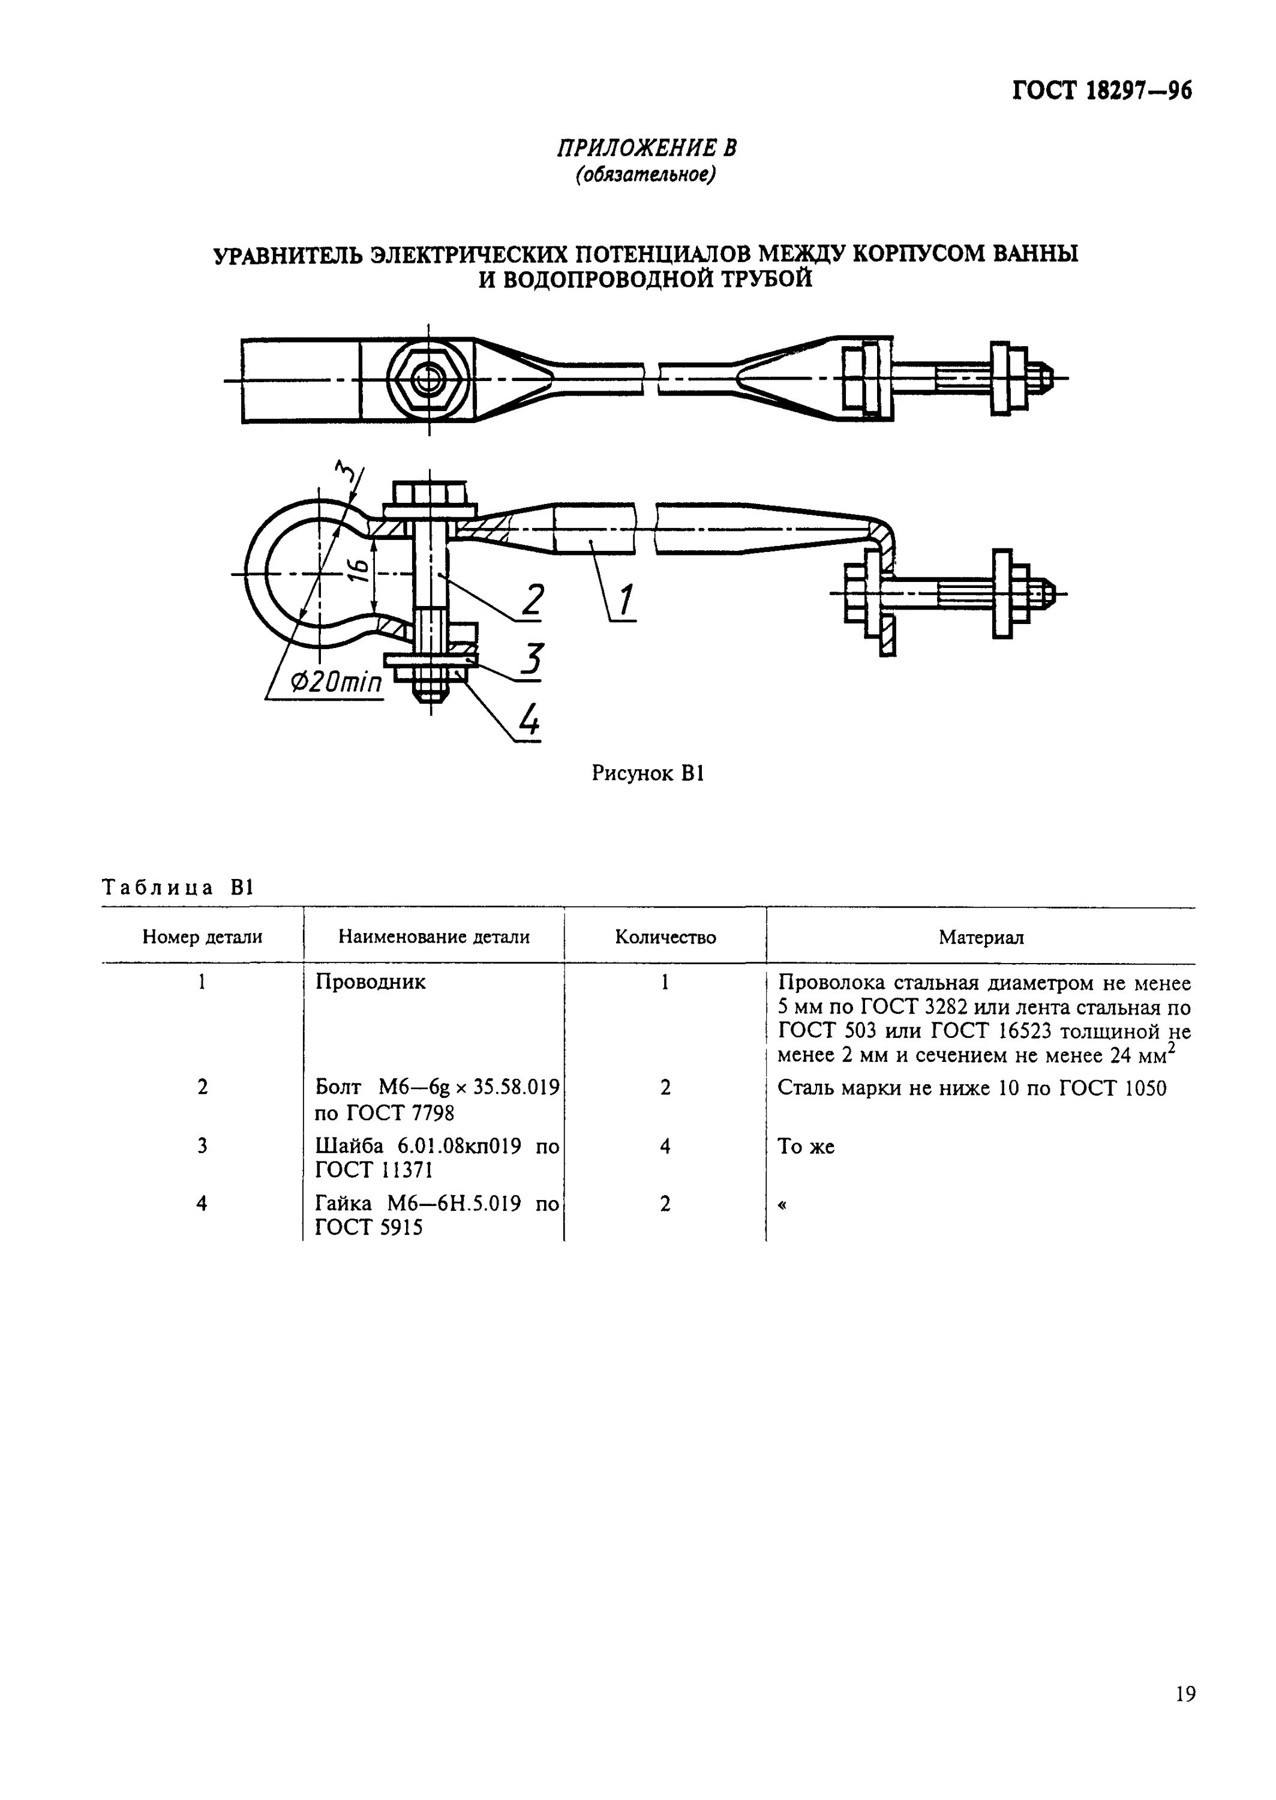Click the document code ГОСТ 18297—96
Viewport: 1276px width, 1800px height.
[x=1101, y=91]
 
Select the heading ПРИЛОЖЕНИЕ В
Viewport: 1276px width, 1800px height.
[x=646, y=148]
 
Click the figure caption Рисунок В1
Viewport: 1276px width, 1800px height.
[x=647, y=773]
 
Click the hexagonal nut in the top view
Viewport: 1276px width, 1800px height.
[x=428, y=380]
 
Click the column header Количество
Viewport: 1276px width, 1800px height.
[x=665, y=937]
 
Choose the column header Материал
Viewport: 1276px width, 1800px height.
[x=981, y=937]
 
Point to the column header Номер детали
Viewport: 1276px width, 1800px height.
[x=202, y=937]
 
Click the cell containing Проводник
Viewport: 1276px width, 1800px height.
[x=370, y=982]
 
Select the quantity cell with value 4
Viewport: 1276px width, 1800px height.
[x=665, y=1147]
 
